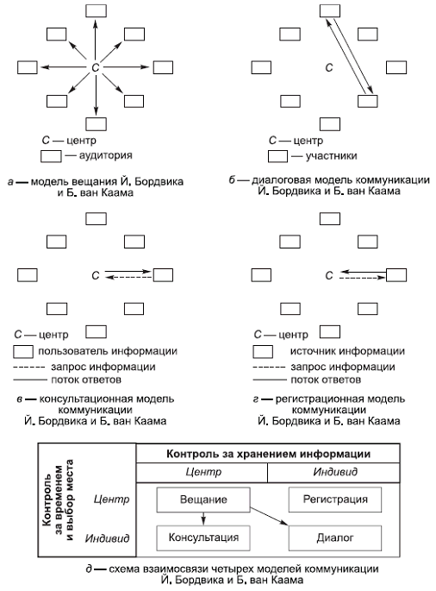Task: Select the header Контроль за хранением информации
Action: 268,452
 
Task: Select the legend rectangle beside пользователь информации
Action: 23,351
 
